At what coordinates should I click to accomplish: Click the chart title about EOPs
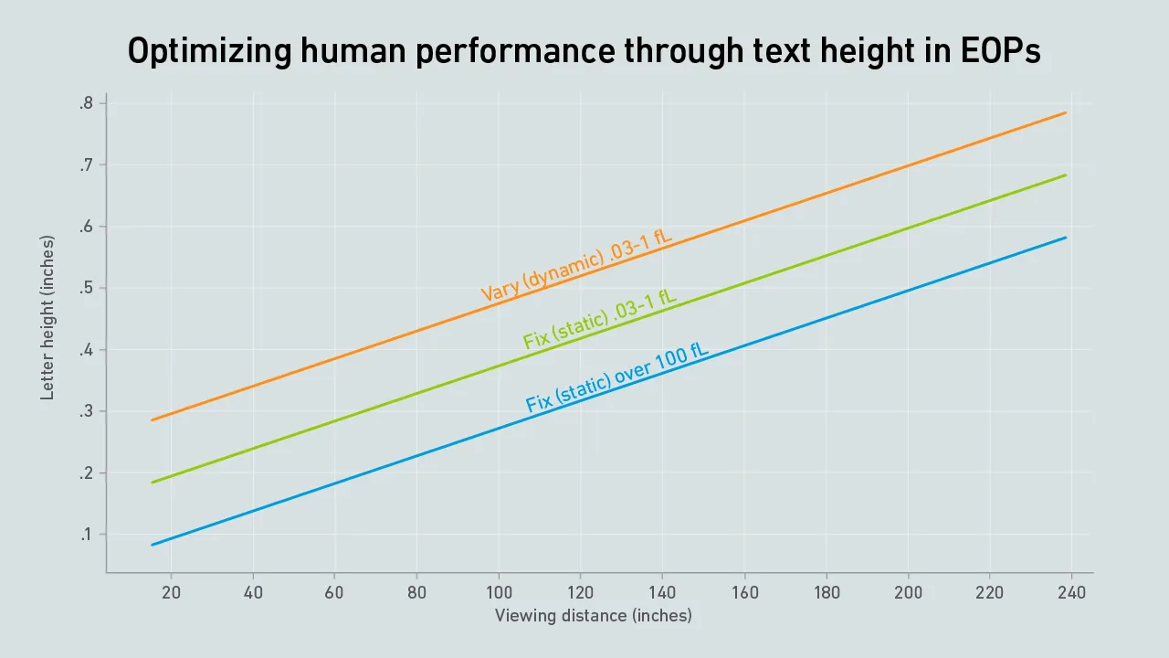click(584, 52)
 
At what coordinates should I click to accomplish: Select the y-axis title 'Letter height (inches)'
click(47, 318)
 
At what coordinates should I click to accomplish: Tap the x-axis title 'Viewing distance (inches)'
click(593, 615)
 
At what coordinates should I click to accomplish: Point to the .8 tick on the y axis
click(86, 103)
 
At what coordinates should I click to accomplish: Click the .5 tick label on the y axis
click(86, 288)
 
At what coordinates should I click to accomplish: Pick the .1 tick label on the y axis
click(86, 535)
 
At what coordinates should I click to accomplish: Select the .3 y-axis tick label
click(86, 411)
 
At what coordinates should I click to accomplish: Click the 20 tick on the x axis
click(171, 592)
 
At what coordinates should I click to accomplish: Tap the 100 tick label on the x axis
click(499, 592)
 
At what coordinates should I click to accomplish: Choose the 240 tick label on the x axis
click(1071, 592)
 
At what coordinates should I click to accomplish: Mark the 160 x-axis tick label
click(744, 592)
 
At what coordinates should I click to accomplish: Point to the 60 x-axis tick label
click(334, 592)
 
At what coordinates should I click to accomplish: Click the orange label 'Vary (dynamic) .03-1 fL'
click(576, 266)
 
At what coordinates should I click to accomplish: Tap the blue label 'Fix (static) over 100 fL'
click(617, 376)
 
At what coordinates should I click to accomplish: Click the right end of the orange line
click(1066, 112)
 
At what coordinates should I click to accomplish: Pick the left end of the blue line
click(152, 545)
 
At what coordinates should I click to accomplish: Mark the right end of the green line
click(1066, 175)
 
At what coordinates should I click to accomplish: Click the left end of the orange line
click(152, 420)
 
